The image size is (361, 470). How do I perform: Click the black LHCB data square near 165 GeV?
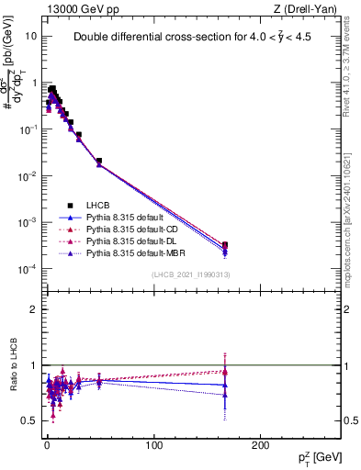pos(225,245)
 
